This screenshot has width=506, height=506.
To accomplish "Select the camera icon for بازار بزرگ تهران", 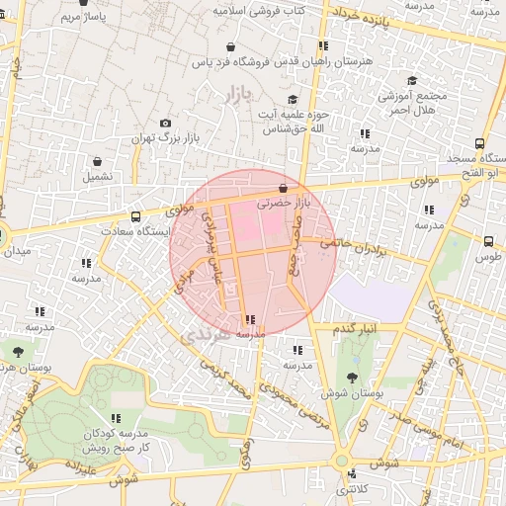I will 164,123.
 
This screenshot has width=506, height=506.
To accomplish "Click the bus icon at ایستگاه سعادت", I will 135,216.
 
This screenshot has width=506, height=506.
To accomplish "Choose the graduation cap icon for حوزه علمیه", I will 292,100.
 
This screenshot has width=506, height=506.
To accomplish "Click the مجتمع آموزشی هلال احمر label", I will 412,103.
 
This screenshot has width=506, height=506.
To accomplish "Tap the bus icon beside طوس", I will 488,240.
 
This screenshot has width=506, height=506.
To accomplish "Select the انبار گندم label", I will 354,327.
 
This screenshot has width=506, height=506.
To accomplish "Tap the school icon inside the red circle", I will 248,319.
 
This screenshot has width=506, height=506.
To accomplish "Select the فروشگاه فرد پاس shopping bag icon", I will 230,46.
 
